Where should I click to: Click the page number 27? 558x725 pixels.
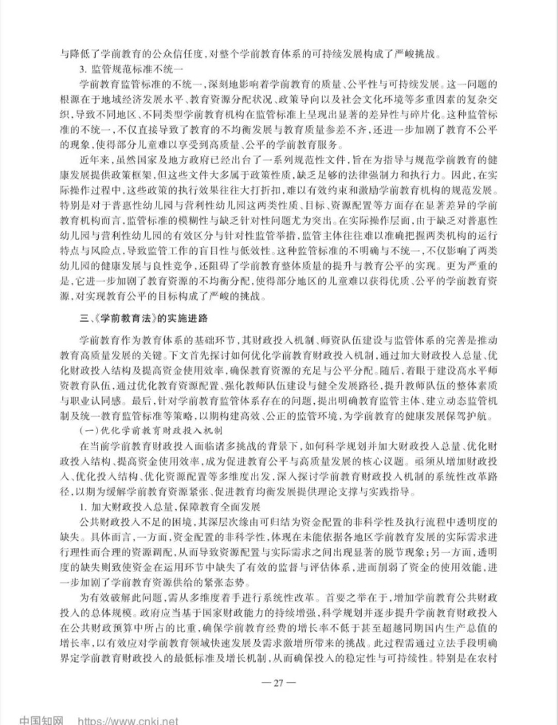pyautogui.click(x=278, y=681)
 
